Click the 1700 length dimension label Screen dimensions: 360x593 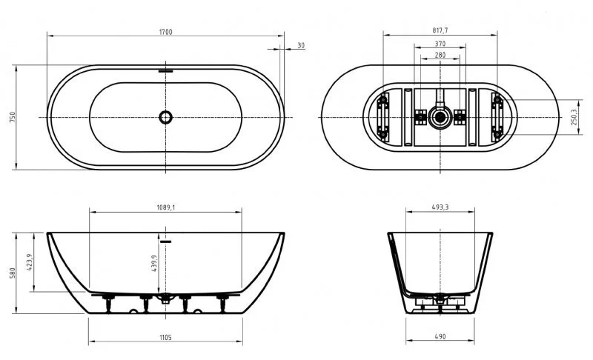pyautogui.click(x=165, y=32)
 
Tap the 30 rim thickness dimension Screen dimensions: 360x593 pyautogui.click(x=300, y=46)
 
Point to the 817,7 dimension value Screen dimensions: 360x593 pyautogui.click(x=440, y=31)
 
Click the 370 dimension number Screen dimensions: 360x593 pyautogui.click(x=440, y=44)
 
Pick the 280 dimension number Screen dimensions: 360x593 pyautogui.click(x=440, y=56)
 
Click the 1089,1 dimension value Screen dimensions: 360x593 pyautogui.click(x=165, y=207)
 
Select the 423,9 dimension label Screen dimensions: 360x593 pyautogui.click(x=30, y=263)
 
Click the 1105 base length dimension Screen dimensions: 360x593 pyautogui.click(x=165, y=337)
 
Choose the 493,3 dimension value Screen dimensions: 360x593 pyautogui.click(x=440, y=207)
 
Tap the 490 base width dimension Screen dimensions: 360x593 pyautogui.click(x=440, y=337)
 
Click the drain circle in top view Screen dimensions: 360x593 pyautogui.click(x=165, y=117)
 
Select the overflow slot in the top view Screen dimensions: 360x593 pyautogui.click(x=165, y=72)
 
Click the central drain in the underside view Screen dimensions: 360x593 pyautogui.click(x=440, y=116)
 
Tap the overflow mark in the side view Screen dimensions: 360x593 pyautogui.click(x=165, y=241)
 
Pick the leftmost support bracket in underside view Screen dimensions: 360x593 pyautogui.click(x=383, y=117)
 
